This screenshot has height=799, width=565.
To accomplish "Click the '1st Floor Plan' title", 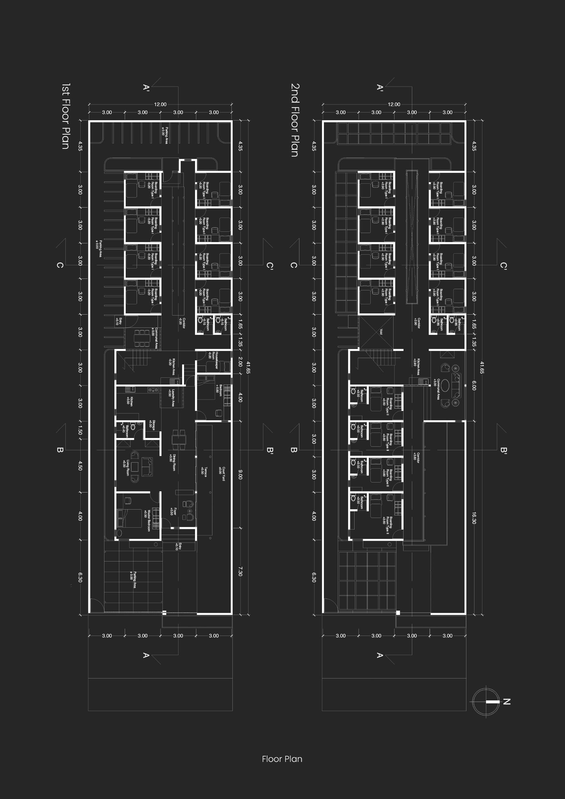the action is coord(66,116).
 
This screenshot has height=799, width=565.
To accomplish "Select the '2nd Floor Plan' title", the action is coord(295,120).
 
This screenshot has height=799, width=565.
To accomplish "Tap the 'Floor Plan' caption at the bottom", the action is coord(282,759).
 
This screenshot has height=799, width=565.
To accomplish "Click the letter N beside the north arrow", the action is coord(507,702).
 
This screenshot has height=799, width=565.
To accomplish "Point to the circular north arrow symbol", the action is coord(486,702).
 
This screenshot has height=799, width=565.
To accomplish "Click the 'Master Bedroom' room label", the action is coord(148,521).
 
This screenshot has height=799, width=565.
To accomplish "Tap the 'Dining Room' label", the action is coord(172,462).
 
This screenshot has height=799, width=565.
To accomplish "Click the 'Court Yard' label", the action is coord(222,474).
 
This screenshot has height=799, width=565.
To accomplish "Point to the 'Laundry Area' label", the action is coord(171,398).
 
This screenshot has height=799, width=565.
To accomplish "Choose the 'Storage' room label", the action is coord(152,424).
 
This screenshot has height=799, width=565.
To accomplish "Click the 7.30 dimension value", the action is coord(240,571).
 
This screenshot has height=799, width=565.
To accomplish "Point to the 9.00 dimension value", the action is coord(240,475).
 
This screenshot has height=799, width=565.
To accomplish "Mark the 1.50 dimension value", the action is coord(80,431).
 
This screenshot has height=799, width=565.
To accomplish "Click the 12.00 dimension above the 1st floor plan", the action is coord(160,104).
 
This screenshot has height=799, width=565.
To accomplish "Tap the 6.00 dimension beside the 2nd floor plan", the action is coord(474,385).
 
